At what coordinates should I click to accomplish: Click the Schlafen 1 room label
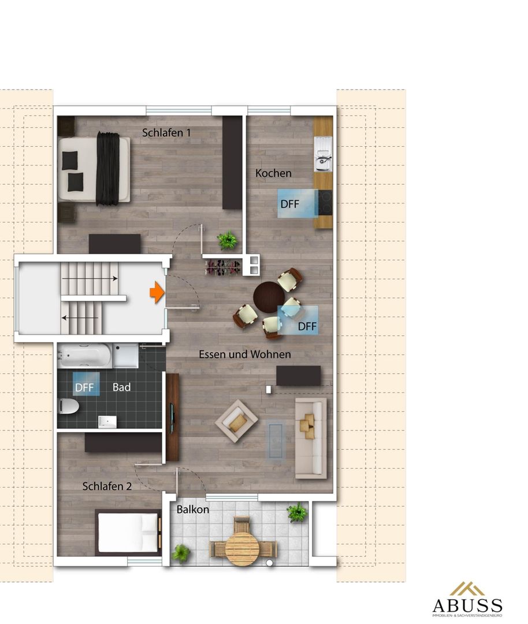[x=166, y=132]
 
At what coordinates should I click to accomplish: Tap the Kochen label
[x=273, y=173]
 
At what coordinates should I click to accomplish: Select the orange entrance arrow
[x=157, y=292]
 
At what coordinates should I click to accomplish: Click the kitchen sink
[x=323, y=154]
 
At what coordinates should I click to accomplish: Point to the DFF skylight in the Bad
[x=86, y=384]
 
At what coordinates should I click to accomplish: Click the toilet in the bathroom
[x=68, y=406]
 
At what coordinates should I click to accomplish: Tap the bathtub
[x=85, y=355]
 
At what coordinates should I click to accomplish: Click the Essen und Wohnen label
[x=245, y=354]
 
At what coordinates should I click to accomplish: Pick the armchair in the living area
[x=236, y=421]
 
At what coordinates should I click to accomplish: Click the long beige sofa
[x=311, y=438]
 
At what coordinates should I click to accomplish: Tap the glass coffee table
[x=276, y=441]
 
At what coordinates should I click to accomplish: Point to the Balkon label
[x=192, y=510]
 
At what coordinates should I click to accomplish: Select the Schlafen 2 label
[x=107, y=486]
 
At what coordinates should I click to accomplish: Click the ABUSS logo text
[x=467, y=606]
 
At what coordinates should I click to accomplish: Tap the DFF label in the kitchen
[x=289, y=204]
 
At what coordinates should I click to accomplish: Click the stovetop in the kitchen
[x=325, y=203]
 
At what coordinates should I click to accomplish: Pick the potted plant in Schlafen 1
[x=228, y=240]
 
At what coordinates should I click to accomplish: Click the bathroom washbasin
[x=107, y=421]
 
